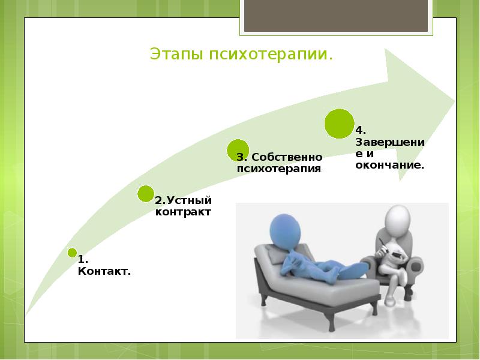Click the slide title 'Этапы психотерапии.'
(x=241, y=55)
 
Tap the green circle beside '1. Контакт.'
(x=72, y=253)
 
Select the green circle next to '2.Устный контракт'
(x=145, y=193)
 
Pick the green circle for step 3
(x=238, y=150)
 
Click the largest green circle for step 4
(x=338, y=124)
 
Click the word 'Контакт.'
(x=104, y=272)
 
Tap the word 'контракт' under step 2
(x=183, y=212)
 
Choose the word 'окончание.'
(x=389, y=164)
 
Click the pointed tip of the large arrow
(x=454, y=97)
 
